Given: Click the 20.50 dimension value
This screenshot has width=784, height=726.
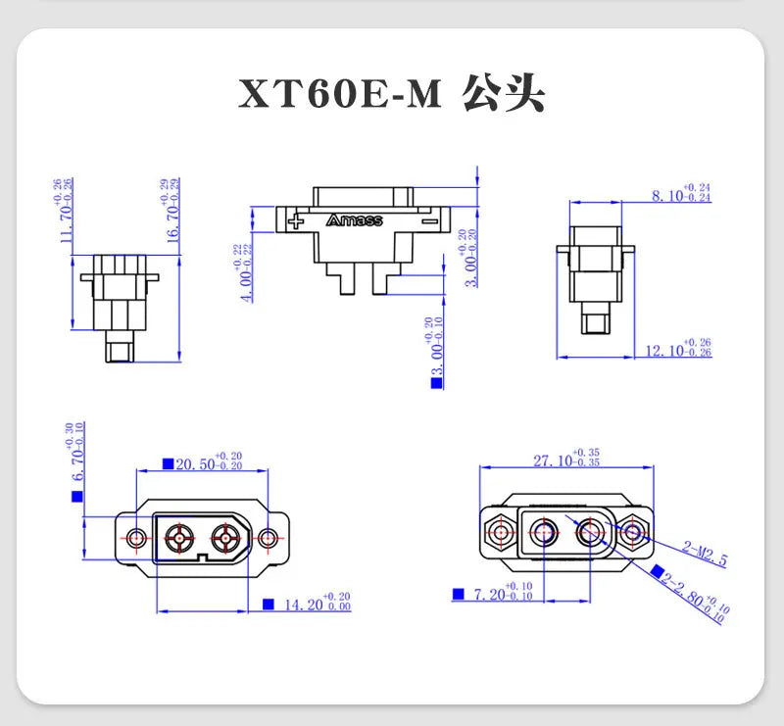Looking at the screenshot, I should click(x=194, y=465).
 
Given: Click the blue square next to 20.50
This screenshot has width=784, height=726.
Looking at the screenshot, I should click(x=168, y=464).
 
